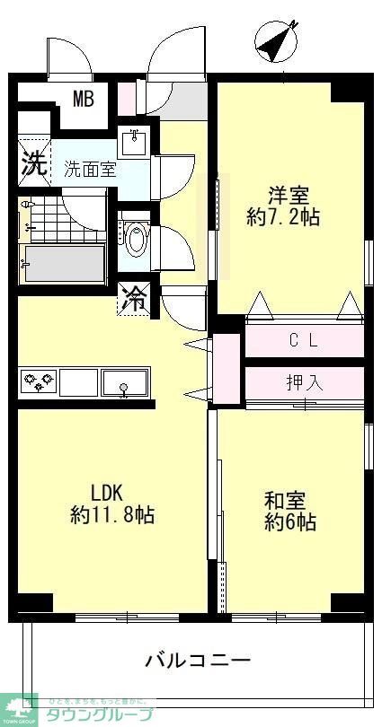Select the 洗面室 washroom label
[x=90, y=169]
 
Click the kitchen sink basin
[x=125, y=383]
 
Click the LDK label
[x=111, y=492]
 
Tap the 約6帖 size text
[x=289, y=521]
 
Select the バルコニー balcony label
[x=198, y=661]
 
